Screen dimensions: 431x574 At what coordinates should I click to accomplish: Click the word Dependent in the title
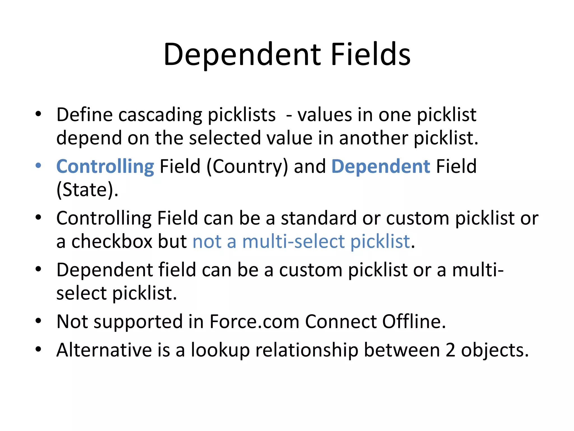point(242,55)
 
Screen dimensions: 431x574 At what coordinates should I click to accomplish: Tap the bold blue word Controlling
point(105,167)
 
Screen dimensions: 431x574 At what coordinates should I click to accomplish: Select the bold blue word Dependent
point(381,167)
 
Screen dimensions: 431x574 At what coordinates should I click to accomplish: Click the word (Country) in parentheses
point(247,167)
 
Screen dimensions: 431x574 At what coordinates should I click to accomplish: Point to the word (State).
point(87,190)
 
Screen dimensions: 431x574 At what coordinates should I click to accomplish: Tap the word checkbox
point(111,242)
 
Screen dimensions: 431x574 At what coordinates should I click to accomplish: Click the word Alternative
point(104,350)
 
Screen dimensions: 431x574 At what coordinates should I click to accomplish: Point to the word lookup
point(220,351)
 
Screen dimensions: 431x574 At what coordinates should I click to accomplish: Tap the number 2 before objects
point(450,350)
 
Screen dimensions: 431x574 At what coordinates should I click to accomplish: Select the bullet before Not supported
point(38,320)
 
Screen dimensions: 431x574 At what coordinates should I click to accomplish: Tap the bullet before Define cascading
point(38,114)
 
